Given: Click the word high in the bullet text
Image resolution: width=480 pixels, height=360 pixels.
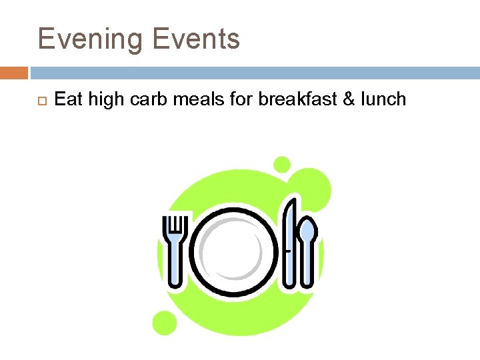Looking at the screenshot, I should tap(101, 100).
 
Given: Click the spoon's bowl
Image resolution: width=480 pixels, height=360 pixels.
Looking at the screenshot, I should tap(308, 231).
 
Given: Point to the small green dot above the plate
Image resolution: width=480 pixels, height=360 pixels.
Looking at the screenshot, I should tap(283, 164).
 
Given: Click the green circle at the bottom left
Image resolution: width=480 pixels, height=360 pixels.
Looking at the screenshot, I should tap(164, 323).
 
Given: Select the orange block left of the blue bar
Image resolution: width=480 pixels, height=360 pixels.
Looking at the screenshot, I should tap(14, 73).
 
